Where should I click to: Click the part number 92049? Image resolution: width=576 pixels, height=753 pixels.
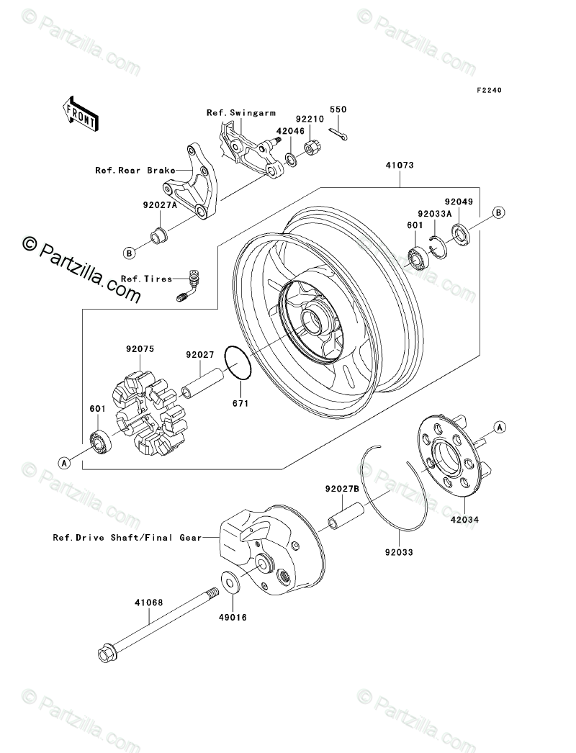coord(457,202)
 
